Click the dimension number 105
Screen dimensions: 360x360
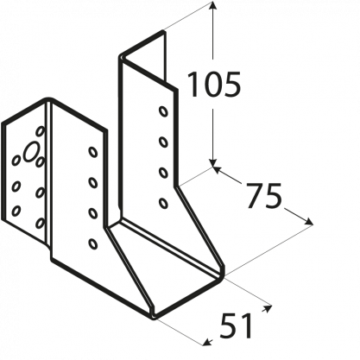(x=214, y=84)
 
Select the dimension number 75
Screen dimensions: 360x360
(x=263, y=196)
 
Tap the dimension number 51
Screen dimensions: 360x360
(x=236, y=325)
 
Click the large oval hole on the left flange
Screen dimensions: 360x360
(x=31, y=152)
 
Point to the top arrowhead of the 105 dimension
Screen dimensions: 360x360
(x=212, y=6)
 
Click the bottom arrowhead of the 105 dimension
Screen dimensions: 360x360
(x=212, y=162)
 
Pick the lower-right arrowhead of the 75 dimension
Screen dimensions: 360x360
(x=308, y=222)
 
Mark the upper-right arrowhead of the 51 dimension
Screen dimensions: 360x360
(x=268, y=308)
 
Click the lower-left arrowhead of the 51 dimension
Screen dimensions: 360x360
(x=206, y=343)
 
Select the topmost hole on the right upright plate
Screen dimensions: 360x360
(x=163, y=111)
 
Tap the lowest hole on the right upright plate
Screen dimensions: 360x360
(x=163, y=203)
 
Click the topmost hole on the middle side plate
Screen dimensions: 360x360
(x=92, y=152)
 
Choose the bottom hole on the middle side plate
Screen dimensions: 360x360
(x=92, y=243)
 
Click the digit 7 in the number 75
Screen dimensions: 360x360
(x=255, y=196)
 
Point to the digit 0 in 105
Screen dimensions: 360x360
(x=213, y=84)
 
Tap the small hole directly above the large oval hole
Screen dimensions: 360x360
(x=41, y=131)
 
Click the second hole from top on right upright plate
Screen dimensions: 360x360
(x=163, y=142)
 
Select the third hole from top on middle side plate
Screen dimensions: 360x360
(x=92, y=213)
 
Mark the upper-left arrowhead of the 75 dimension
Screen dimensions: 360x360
(x=218, y=169)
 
